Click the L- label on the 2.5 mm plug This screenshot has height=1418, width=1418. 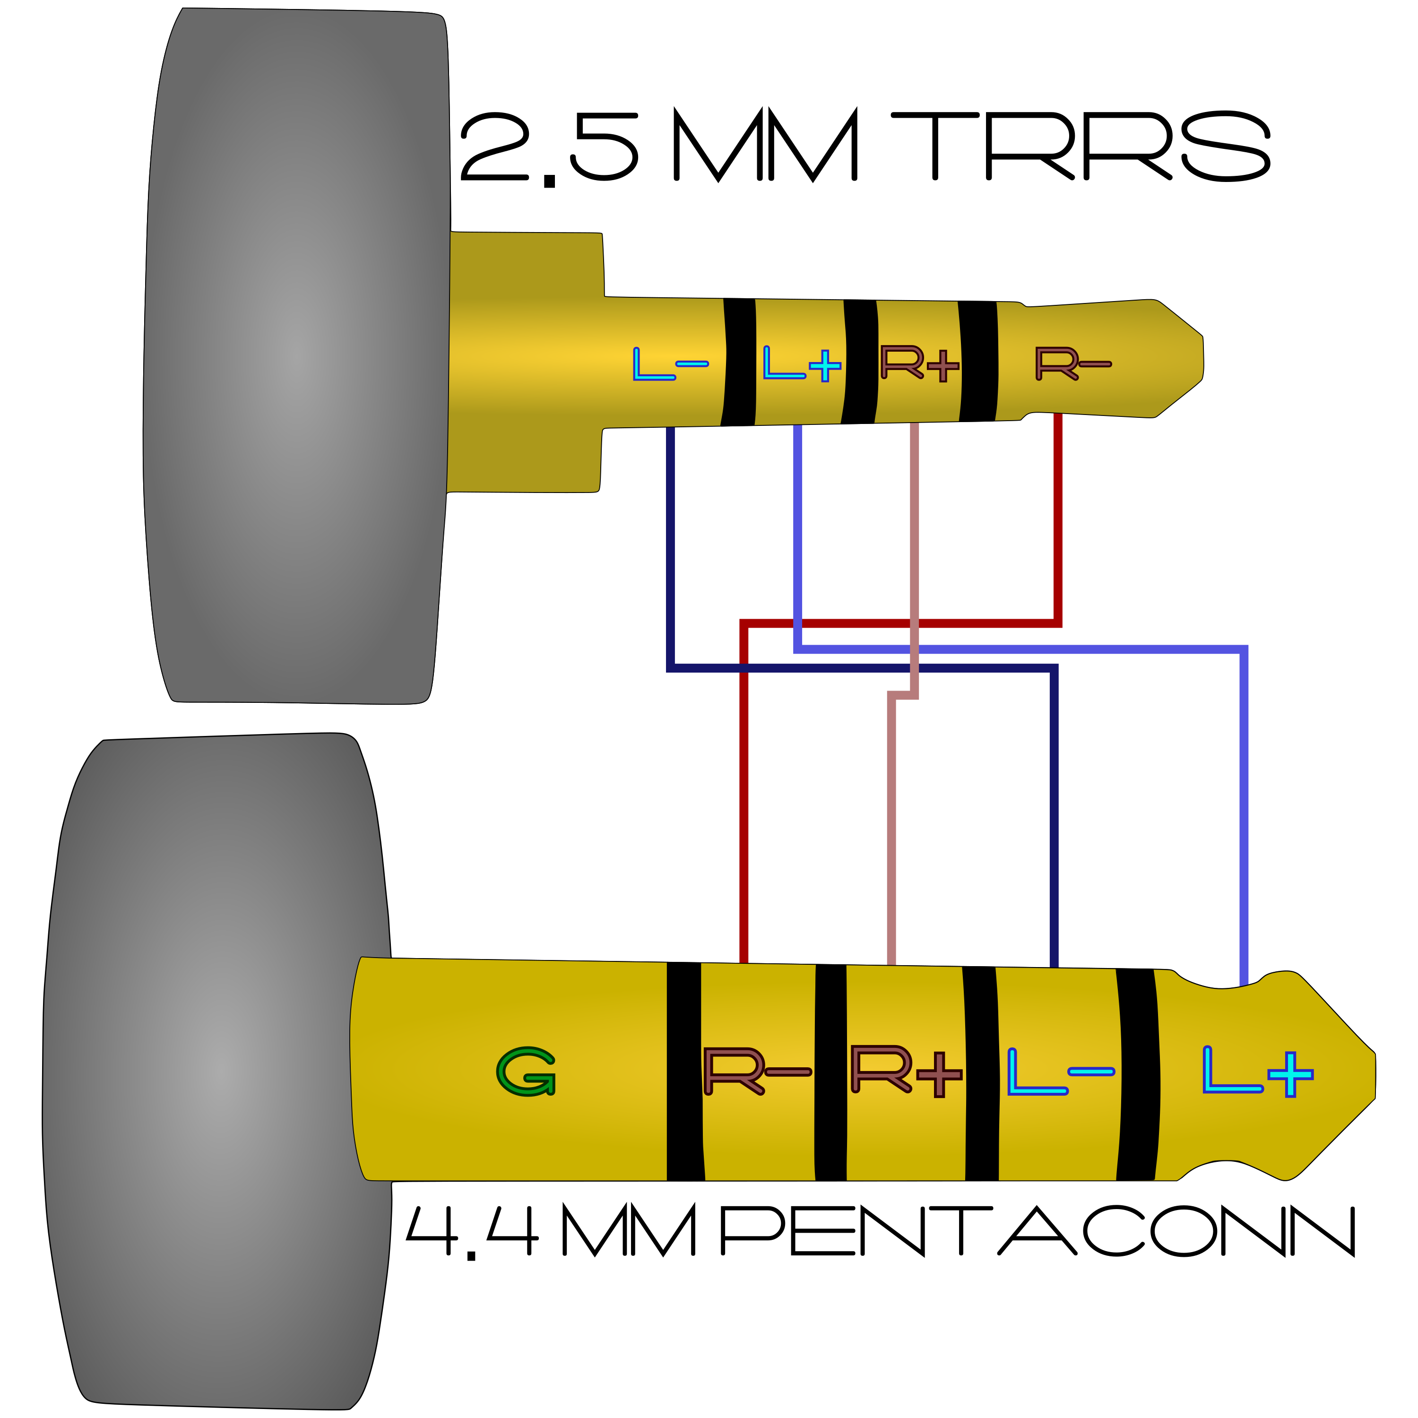pos(669,364)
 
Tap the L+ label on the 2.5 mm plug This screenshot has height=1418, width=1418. pos(802,364)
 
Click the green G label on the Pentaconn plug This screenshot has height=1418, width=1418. pos(526,1072)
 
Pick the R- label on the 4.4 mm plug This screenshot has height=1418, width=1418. pos(756,1071)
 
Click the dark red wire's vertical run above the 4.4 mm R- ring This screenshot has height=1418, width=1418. pos(744,807)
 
